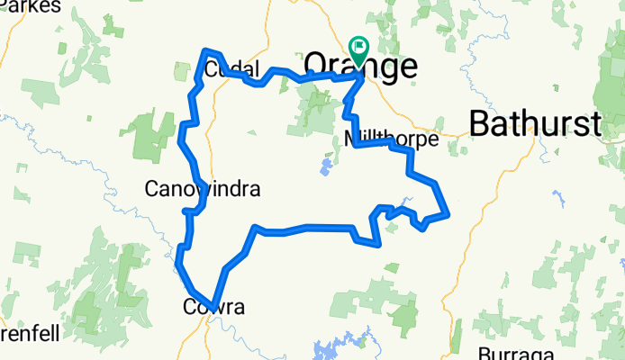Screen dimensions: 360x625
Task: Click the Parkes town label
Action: (32, 5)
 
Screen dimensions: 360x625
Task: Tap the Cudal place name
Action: (231, 69)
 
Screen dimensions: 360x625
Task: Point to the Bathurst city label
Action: (535, 124)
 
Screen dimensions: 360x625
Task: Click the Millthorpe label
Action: (391, 139)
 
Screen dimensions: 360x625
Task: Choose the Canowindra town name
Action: (202, 189)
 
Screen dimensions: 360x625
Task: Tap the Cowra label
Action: (213, 308)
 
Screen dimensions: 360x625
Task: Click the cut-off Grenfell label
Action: (29, 334)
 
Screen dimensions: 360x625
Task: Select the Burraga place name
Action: (510, 352)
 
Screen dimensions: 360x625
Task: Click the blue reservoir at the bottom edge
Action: (333, 351)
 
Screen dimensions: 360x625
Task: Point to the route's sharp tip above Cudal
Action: (206, 50)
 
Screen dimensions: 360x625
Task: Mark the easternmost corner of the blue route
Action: (448, 213)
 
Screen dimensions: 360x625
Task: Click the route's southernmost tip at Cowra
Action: (213, 307)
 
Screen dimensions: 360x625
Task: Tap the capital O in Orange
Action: (318, 65)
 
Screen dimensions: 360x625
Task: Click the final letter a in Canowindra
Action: (254, 190)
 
